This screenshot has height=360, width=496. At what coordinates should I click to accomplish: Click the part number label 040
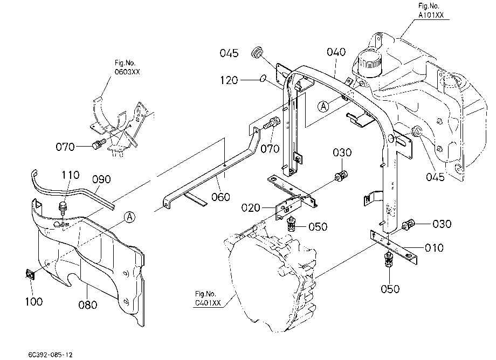(336, 52)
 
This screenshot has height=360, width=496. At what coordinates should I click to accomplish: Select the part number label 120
(229, 80)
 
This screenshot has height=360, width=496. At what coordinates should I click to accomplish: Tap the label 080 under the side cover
(88, 305)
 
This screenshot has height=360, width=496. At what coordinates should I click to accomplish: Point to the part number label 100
(34, 302)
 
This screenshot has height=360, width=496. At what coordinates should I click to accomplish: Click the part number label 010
(434, 248)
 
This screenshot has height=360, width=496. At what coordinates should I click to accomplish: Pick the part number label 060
(221, 197)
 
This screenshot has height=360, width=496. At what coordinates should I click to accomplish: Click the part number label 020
(251, 208)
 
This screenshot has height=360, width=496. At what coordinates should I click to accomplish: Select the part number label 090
(101, 179)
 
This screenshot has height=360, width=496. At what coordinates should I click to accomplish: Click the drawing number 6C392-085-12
(50, 355)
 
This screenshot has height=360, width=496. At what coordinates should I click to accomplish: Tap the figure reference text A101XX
(431, 15)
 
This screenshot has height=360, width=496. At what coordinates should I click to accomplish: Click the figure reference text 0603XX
(127, 72)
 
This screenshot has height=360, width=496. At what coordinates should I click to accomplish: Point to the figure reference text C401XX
(208, 303)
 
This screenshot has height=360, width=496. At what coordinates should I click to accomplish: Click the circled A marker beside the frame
(323, 106)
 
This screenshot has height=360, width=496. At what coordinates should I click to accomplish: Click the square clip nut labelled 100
(30, 274)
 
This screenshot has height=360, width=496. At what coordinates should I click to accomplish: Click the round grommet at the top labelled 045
(257, 52)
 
